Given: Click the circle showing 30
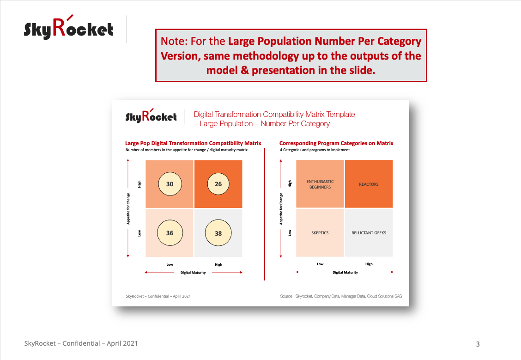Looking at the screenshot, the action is click(x=170, y=184).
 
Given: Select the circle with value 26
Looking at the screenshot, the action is click(x=218, y=184).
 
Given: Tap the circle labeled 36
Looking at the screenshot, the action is click(x=170, y=233).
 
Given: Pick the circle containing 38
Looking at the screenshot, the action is click(x=218, y=233).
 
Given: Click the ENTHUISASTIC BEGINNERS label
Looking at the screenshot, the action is click(x=320, y=184).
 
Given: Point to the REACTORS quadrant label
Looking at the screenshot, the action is click(x=369, y=184).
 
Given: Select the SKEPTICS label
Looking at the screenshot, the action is click(x=320, y=233).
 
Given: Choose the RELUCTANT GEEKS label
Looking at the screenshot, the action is click(x=369, y=233).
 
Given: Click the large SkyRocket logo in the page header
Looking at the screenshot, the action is click(x=68, y=27).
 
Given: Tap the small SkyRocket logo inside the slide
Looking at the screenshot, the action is click(x=151, y=116).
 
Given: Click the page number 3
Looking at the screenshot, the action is click(x=478, y=344).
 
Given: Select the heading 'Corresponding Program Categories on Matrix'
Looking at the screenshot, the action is click(x=336, y=143).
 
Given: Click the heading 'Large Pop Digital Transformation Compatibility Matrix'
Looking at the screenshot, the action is click(x=193, y=143).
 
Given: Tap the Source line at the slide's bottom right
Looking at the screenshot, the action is click(x=341, y=296).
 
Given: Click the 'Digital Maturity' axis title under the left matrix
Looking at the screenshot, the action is click(x=193, y=273).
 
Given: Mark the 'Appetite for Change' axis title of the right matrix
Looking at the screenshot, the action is click(x=281, y=209).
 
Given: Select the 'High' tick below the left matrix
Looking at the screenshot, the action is click(x=218, y=265).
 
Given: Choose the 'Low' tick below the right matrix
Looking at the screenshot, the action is click(x=320, y=264).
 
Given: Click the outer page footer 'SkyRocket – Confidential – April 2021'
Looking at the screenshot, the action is click(x=81, y=343).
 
